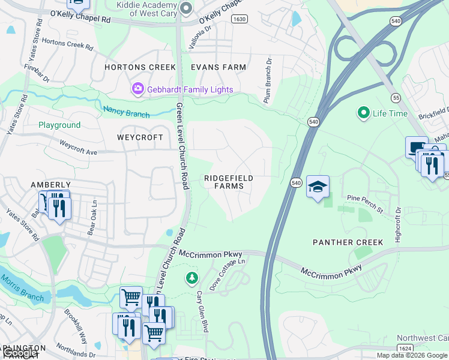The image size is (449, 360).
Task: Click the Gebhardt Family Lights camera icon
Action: coord(139,89)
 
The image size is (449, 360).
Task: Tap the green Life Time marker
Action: coord(363,112)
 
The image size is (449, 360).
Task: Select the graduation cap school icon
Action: coord(318,187)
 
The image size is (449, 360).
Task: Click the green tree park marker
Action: coord(191,278)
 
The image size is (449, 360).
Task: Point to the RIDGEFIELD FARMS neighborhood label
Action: coord(228,182)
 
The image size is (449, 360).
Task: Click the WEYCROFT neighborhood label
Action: coord(140,137)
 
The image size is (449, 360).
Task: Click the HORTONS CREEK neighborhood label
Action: coord(140,67)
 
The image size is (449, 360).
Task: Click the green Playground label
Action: coord(59,125)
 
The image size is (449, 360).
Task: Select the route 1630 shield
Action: coord(239,19)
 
